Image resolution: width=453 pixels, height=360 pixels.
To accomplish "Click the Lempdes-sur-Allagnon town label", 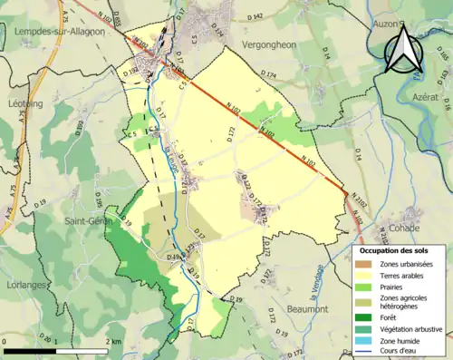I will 61,31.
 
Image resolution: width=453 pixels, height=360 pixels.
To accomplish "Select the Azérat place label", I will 424,96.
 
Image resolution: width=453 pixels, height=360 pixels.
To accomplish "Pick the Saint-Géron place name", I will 87,219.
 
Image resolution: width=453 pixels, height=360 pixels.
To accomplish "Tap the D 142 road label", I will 255,17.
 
